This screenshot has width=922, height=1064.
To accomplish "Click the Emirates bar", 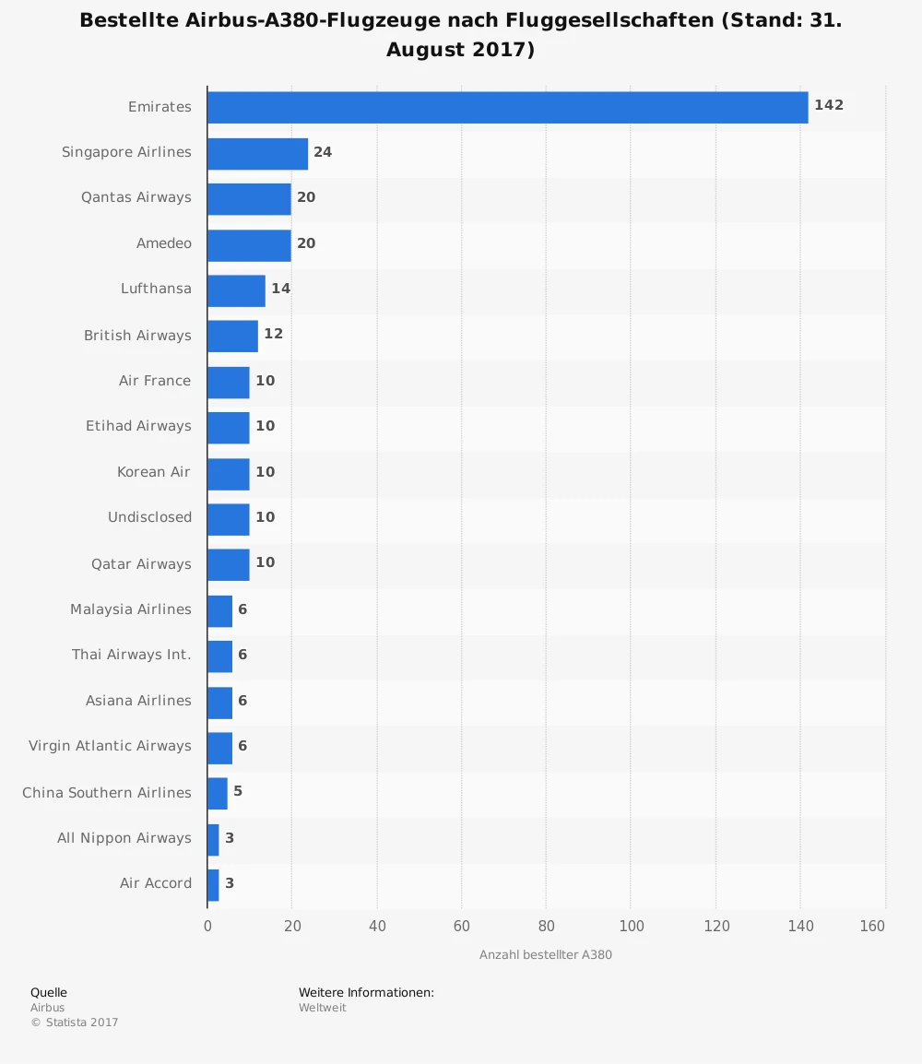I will coord(507,107).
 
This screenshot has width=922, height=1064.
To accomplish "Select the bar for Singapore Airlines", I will coord(257,153).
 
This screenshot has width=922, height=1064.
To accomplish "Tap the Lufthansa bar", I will coord(236,290).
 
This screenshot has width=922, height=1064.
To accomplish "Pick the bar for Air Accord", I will coord(213,884).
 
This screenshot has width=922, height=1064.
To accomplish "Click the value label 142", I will coord(829,106).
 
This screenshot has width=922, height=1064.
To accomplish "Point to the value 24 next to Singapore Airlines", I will coord(323,152).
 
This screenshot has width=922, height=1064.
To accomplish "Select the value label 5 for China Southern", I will coord(238,792).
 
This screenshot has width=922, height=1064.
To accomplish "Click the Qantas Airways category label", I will coord(136,197).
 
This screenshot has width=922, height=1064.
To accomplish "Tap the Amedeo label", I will coord(164,243).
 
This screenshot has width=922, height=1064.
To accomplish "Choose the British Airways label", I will coord(137,336).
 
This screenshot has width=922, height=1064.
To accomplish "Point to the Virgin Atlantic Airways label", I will coord(110,746).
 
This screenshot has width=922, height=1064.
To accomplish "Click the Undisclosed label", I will coord(149,517).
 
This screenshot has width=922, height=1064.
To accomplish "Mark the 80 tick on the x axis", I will coord(546,926).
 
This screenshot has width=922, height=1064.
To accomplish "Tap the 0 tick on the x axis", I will coord(207,926).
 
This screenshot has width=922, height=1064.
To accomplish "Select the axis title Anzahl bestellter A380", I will coord(546,955).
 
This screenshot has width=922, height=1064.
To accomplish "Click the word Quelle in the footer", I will coord(49,993).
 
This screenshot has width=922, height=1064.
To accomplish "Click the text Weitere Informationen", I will coord(366,993).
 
